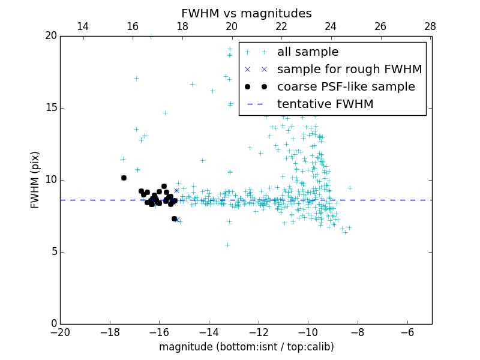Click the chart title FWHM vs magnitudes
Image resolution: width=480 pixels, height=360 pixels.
[x=246, y=13]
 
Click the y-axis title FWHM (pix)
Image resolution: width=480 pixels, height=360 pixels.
[x=35, y=180]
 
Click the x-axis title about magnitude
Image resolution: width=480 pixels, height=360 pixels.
[x=246, y=347]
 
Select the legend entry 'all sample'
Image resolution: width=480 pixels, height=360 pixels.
[x=308, y=52]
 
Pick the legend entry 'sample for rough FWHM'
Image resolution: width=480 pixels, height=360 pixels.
[x=349, y=70]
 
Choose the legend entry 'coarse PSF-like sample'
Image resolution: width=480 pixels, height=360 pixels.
[x=346, y=87]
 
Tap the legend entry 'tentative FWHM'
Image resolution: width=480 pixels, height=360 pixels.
[x=325, y=104]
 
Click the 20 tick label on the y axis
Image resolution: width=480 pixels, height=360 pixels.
[x=50, y=36]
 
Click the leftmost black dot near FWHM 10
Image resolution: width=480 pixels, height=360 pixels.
[x=124, y=178]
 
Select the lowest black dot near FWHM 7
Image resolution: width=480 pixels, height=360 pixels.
[x=174, y=218]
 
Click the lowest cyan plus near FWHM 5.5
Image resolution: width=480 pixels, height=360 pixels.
[x=227, y=245]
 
